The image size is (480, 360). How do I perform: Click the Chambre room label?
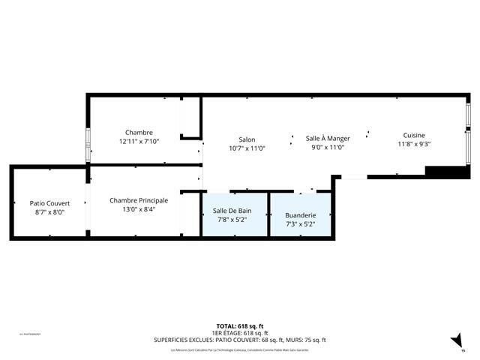click(139, 132)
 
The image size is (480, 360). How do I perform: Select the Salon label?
click(247, 139)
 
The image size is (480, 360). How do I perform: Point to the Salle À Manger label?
click(328, 139)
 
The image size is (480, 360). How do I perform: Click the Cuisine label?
click(414, 135)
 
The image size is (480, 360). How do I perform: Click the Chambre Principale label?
click(139, 200)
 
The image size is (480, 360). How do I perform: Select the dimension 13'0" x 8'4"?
click(139, 209)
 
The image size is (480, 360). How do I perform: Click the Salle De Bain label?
click(232, 211)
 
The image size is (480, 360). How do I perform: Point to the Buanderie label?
click(300, 215)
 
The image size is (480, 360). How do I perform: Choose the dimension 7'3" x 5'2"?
click(300, 223)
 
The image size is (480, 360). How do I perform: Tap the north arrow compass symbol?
click(457, 342)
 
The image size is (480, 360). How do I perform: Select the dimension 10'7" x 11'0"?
click(247, 148)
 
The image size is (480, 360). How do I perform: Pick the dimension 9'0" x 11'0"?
click(328, 148)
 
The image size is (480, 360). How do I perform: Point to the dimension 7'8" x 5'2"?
click(232, 220)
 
